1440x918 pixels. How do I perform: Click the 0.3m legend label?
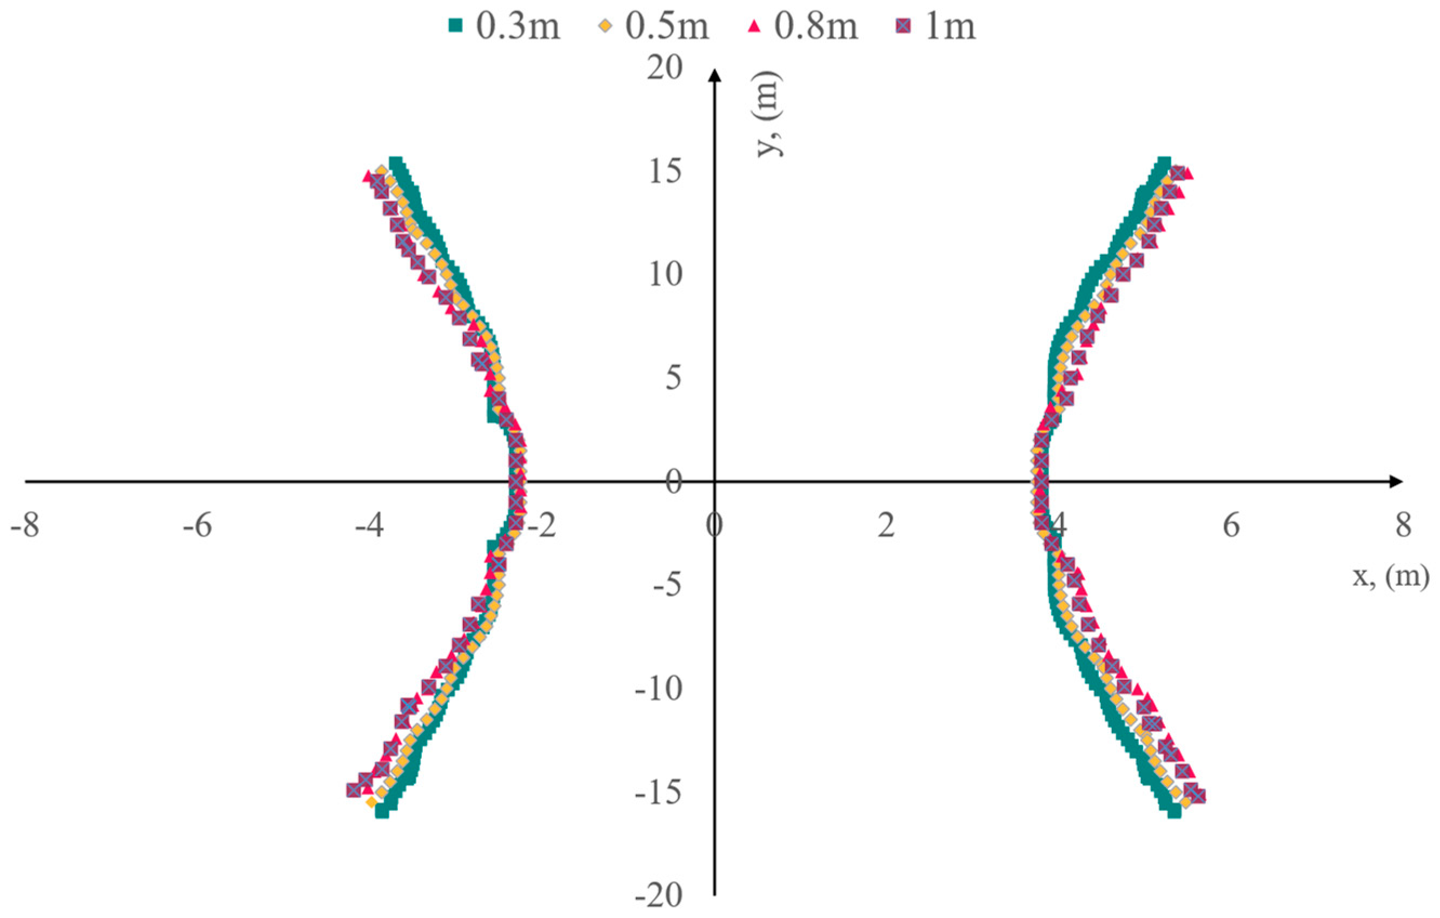point(518,27)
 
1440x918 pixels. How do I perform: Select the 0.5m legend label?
point(667,27)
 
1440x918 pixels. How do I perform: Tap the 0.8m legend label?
point(817,27)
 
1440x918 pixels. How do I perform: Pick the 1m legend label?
point(950,27)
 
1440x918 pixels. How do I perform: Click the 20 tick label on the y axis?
point(664,68)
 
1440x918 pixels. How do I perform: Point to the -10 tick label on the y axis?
point(658,689)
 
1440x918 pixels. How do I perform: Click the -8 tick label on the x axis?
point(25,526)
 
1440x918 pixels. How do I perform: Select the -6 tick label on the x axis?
point(197,526)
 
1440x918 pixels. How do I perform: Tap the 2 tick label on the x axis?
point(886,526)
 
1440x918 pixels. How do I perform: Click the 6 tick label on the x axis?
point(1231,526)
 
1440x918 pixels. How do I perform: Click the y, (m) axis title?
point(769,114)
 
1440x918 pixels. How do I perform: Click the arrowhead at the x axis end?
point(1395,481)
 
